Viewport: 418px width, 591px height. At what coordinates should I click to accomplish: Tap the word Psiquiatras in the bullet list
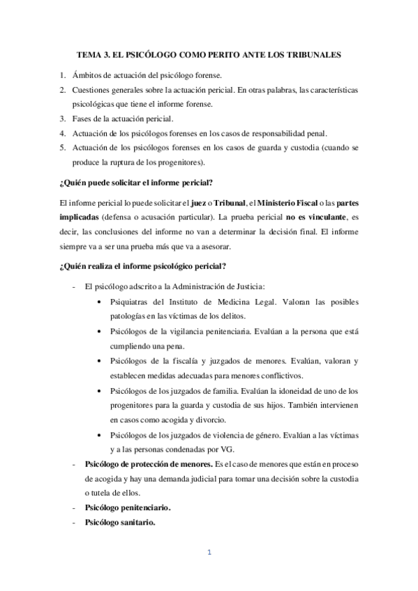coord(132,302)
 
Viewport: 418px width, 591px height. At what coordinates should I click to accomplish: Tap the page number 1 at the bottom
coord(209,553)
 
